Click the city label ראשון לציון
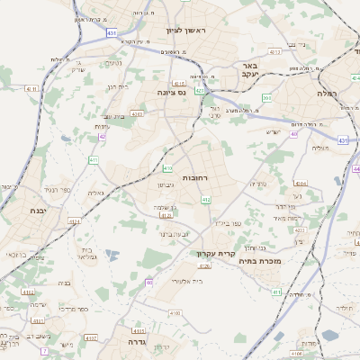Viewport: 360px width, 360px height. (186, 30)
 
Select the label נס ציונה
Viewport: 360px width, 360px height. (170, 92)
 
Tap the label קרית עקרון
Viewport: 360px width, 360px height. (216, 254)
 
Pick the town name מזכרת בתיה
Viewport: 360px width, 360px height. (287, 261)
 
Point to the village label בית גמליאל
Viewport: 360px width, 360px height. (86, 254)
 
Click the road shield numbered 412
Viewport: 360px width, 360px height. (205, 200)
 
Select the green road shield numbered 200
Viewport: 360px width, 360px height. (266, 97)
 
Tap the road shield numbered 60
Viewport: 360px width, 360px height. (148, 283)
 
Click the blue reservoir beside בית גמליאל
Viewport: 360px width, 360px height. (110, 256)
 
